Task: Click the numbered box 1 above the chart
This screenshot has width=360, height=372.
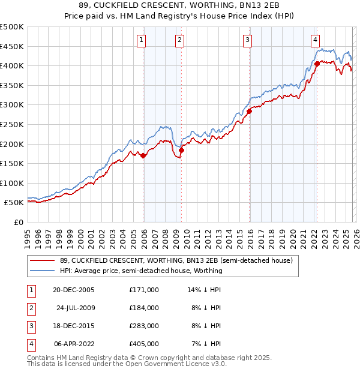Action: [x=141, y=40]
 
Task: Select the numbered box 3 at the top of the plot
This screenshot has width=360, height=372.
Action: [x=247, y=40]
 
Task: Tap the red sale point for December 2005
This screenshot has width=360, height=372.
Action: [x=143, y=155]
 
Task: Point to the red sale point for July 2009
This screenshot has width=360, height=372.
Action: [x=181, y=150]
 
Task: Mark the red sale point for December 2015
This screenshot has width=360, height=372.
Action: [x=249, y=111]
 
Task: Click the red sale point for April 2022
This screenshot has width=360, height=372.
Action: [x=317, y=63]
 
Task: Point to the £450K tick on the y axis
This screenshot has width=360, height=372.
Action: [x=12, y=46]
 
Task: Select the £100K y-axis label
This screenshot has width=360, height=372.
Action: [x=12, y=183]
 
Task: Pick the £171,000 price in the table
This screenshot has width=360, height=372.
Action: [x=144, y=289]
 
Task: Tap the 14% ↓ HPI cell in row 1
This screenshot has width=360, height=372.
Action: [x=204, y=289]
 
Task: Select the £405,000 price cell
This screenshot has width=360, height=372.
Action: [x=144, y=344]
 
